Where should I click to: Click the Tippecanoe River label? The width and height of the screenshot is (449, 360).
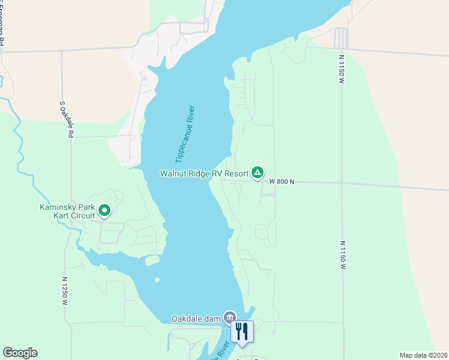tap(185, 134)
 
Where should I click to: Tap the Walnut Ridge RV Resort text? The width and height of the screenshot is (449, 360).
tap(204, 173)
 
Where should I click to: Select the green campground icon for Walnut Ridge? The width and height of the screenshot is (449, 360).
tap(257, 173)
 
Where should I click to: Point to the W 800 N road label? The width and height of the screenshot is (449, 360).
tap(282, 181)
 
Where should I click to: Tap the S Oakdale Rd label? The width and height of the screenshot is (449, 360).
tap(66, 119)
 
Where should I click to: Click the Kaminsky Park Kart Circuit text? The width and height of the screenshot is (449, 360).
tap(67, 212)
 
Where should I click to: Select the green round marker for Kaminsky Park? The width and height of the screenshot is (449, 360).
tap(104, 210)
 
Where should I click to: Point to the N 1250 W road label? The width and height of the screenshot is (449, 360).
tap(65, 292)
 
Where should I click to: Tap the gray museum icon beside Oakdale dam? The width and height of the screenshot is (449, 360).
tap(229, 317)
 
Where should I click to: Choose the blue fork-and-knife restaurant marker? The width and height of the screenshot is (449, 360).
tap(242, 332)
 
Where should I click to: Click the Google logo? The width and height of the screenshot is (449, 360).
tap(20, 353)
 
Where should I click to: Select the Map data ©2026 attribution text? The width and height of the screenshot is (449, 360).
tap(423, 355)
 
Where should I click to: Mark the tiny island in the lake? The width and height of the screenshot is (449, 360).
tap(157, 280)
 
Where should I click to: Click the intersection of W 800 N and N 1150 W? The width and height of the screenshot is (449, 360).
tap(342, 182)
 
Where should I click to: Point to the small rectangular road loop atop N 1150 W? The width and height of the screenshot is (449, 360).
tap(340, 38)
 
